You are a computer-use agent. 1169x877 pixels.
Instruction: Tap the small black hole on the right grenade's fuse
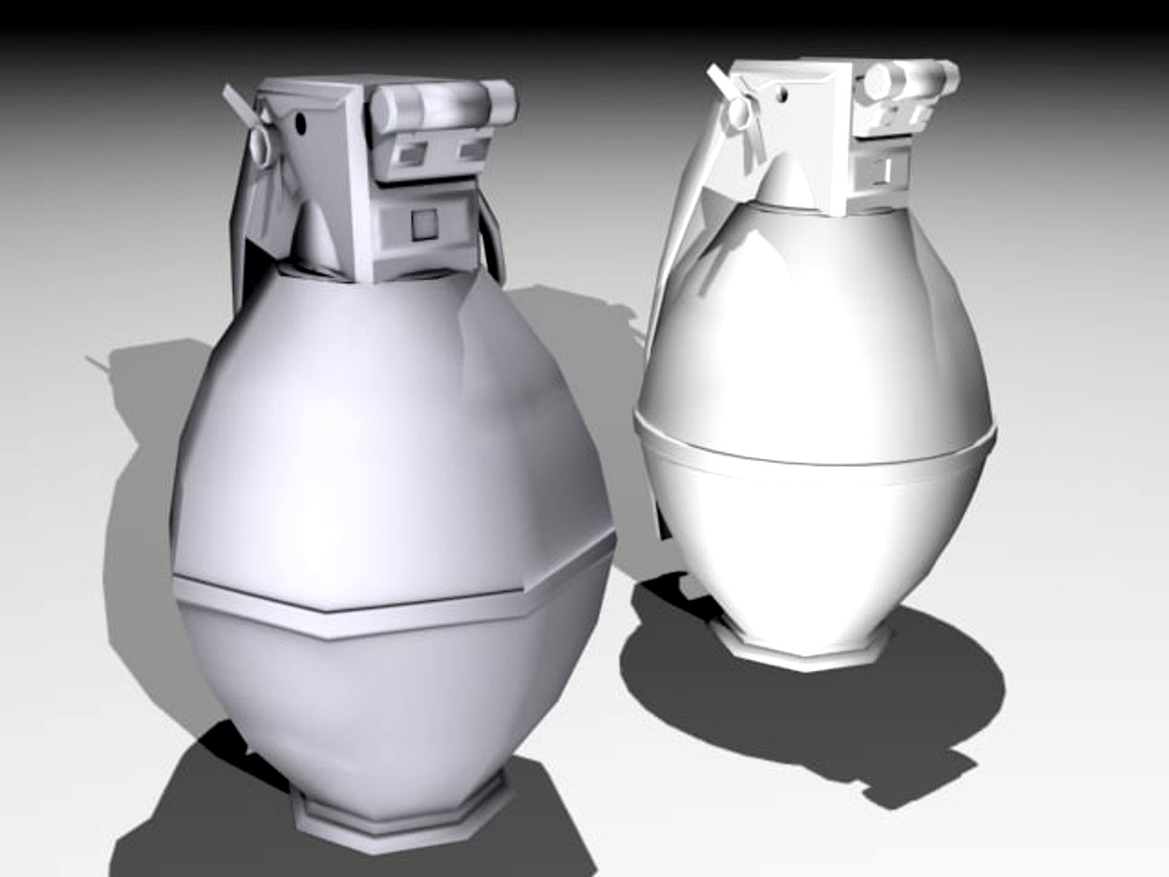click(x=786, y=96)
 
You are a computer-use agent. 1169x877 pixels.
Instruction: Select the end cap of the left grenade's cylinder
click(x=503, y=101)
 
